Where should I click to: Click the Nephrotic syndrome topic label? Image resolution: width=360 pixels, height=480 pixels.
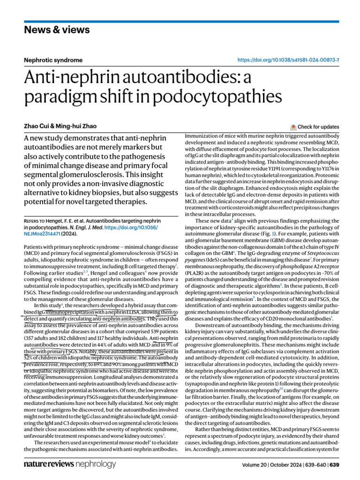53,60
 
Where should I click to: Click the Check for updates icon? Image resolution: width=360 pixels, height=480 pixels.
293,127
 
